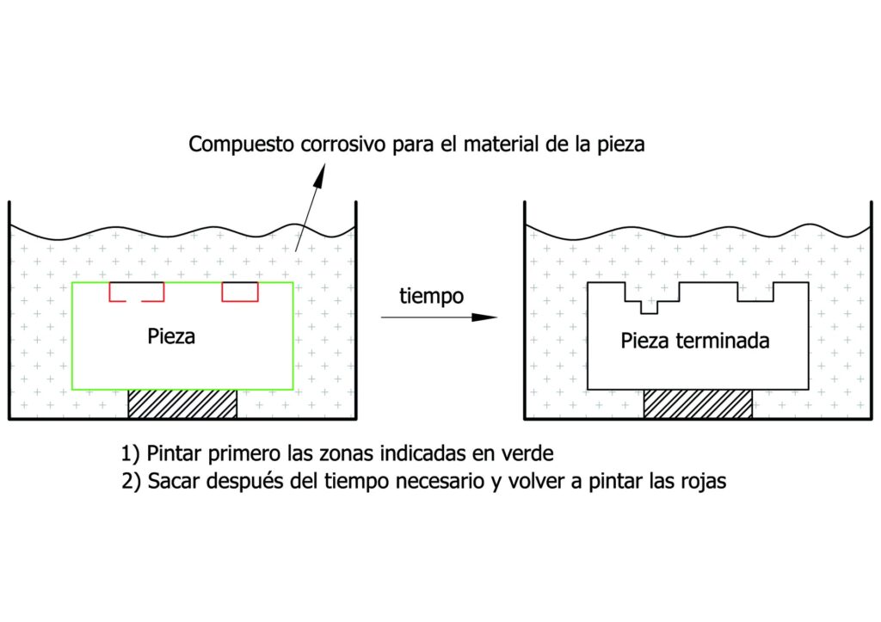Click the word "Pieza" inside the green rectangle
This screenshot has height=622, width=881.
tap(171, 336)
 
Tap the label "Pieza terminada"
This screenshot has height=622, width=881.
tap(695, 341)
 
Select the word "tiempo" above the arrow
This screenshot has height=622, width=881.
tap(432, 297)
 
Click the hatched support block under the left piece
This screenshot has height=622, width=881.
tap(182, 403)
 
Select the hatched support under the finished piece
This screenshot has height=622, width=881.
tap(698, 403)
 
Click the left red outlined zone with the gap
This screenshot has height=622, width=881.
tap(136, 292)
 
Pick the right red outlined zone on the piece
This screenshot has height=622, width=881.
tap(240, 292)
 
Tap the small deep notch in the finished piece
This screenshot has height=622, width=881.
tap(650, 305)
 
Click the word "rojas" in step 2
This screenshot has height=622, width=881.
tap(703, 481)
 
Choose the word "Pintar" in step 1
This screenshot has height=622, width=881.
tap(174, 453)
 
